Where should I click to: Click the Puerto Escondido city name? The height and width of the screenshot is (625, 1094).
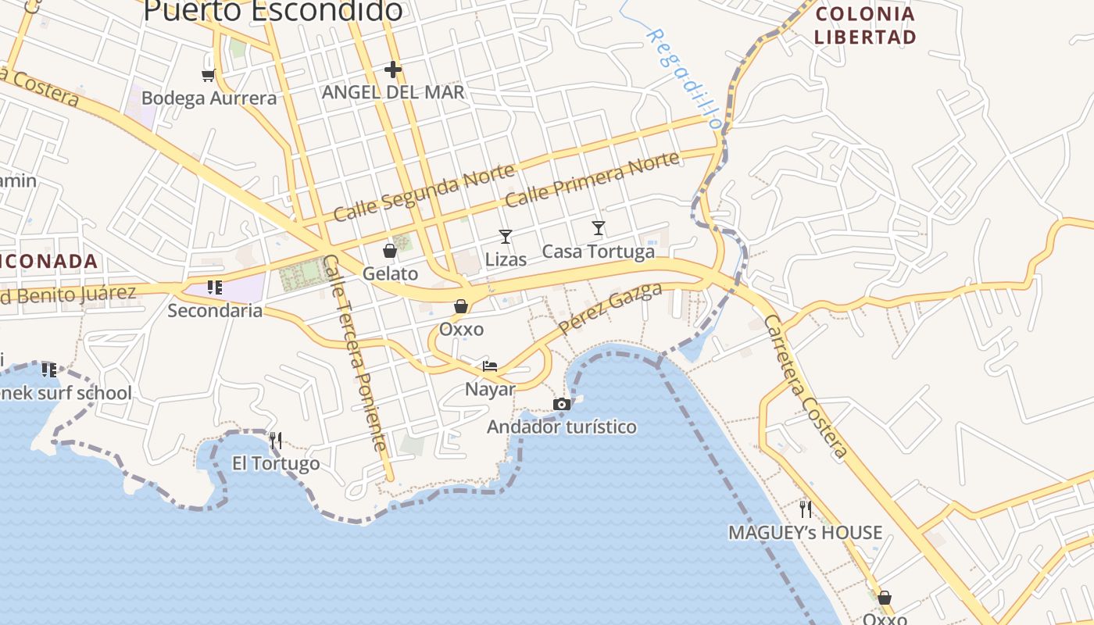[273, 10]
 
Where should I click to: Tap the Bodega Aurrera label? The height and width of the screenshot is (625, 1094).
[209, 98]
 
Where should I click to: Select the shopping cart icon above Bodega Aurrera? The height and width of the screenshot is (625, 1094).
[208, 75]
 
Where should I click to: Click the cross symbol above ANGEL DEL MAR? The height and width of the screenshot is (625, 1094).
[393, 70]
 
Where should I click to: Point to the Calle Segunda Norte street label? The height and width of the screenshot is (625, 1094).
[424, 192]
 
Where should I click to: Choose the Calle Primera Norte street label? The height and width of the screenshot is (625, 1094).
[592, 180]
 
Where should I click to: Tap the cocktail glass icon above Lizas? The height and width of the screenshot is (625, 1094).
[506, 236]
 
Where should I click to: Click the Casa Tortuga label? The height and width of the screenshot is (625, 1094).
[598, 252]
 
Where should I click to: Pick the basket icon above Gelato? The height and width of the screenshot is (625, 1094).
[389, 251]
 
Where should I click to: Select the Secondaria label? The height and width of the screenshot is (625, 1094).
[215, 311]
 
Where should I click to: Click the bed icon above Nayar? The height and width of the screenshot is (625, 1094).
[490, 366]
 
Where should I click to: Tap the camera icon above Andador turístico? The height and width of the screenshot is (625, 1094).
[561, 404]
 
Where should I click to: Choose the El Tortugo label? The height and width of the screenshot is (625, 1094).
[276, 464]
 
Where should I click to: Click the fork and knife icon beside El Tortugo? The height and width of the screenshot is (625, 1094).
[275, 441]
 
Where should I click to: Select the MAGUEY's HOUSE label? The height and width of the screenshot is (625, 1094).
[805, 533]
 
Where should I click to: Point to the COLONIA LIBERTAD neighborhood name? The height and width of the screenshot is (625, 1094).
[865, 25]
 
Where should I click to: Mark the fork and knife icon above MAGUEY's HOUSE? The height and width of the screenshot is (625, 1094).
[806, 509]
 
